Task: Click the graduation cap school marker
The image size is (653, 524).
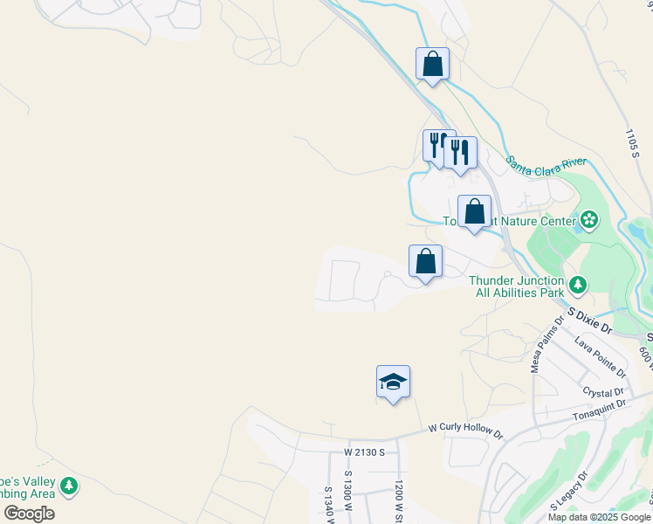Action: click(x=393, y=382)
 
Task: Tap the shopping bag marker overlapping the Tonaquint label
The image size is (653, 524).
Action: click(x=474, y=212)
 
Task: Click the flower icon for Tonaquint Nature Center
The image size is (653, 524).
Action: click(x=589, y=220)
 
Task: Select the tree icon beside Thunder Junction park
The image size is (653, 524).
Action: click(x=577, y=285)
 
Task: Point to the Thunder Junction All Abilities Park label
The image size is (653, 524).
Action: click(x=519, y=286)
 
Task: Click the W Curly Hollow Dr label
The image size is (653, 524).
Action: click(x=466, y=431)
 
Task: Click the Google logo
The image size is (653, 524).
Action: click(x=29, y=514)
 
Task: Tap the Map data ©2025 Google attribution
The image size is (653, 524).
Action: click(x=597, y=517)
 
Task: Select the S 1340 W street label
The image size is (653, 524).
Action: click(x=329, y=505)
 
